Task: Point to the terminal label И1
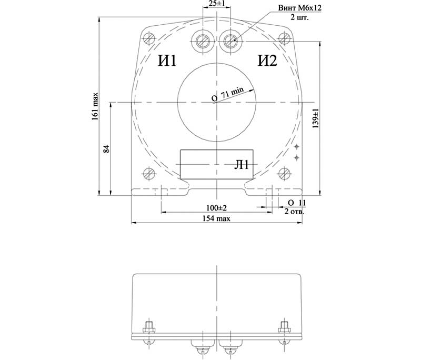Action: (x=167, y=62)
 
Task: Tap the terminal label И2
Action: (x=267, y=62)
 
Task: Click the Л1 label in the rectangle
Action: (x=242, y=165)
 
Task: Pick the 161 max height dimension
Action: (x=96, y=107)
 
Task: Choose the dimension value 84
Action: (x=106, y=149)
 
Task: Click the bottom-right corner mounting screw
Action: (x=285, y=173)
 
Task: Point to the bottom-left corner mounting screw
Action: (x=149, y=173)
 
